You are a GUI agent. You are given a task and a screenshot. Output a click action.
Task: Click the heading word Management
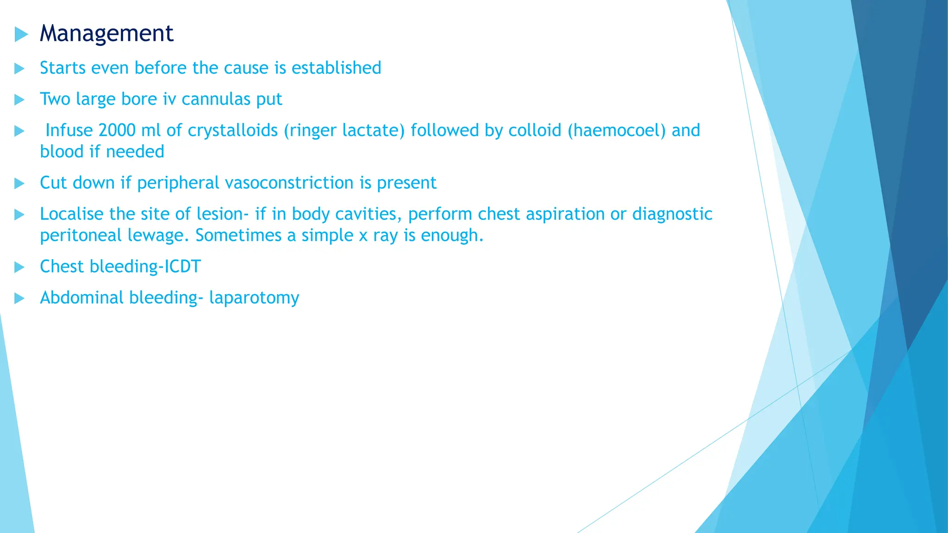[x=106, y=33]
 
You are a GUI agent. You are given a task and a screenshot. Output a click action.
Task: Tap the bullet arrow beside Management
[x=21, y=34]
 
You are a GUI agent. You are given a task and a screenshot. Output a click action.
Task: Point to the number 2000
[x=117, y=130]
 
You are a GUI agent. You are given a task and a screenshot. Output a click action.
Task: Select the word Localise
[x=72, y=214]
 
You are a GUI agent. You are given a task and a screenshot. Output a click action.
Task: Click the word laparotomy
[x=254, y=297]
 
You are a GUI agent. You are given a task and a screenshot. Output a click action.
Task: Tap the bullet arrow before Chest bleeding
[x=19, y=267]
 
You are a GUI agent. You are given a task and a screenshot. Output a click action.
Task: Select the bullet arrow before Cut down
[x=19, y=183]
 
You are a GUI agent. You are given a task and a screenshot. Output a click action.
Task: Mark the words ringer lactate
[x=344, y=130]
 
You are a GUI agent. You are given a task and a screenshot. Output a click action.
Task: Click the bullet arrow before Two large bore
[x=19, y=99]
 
